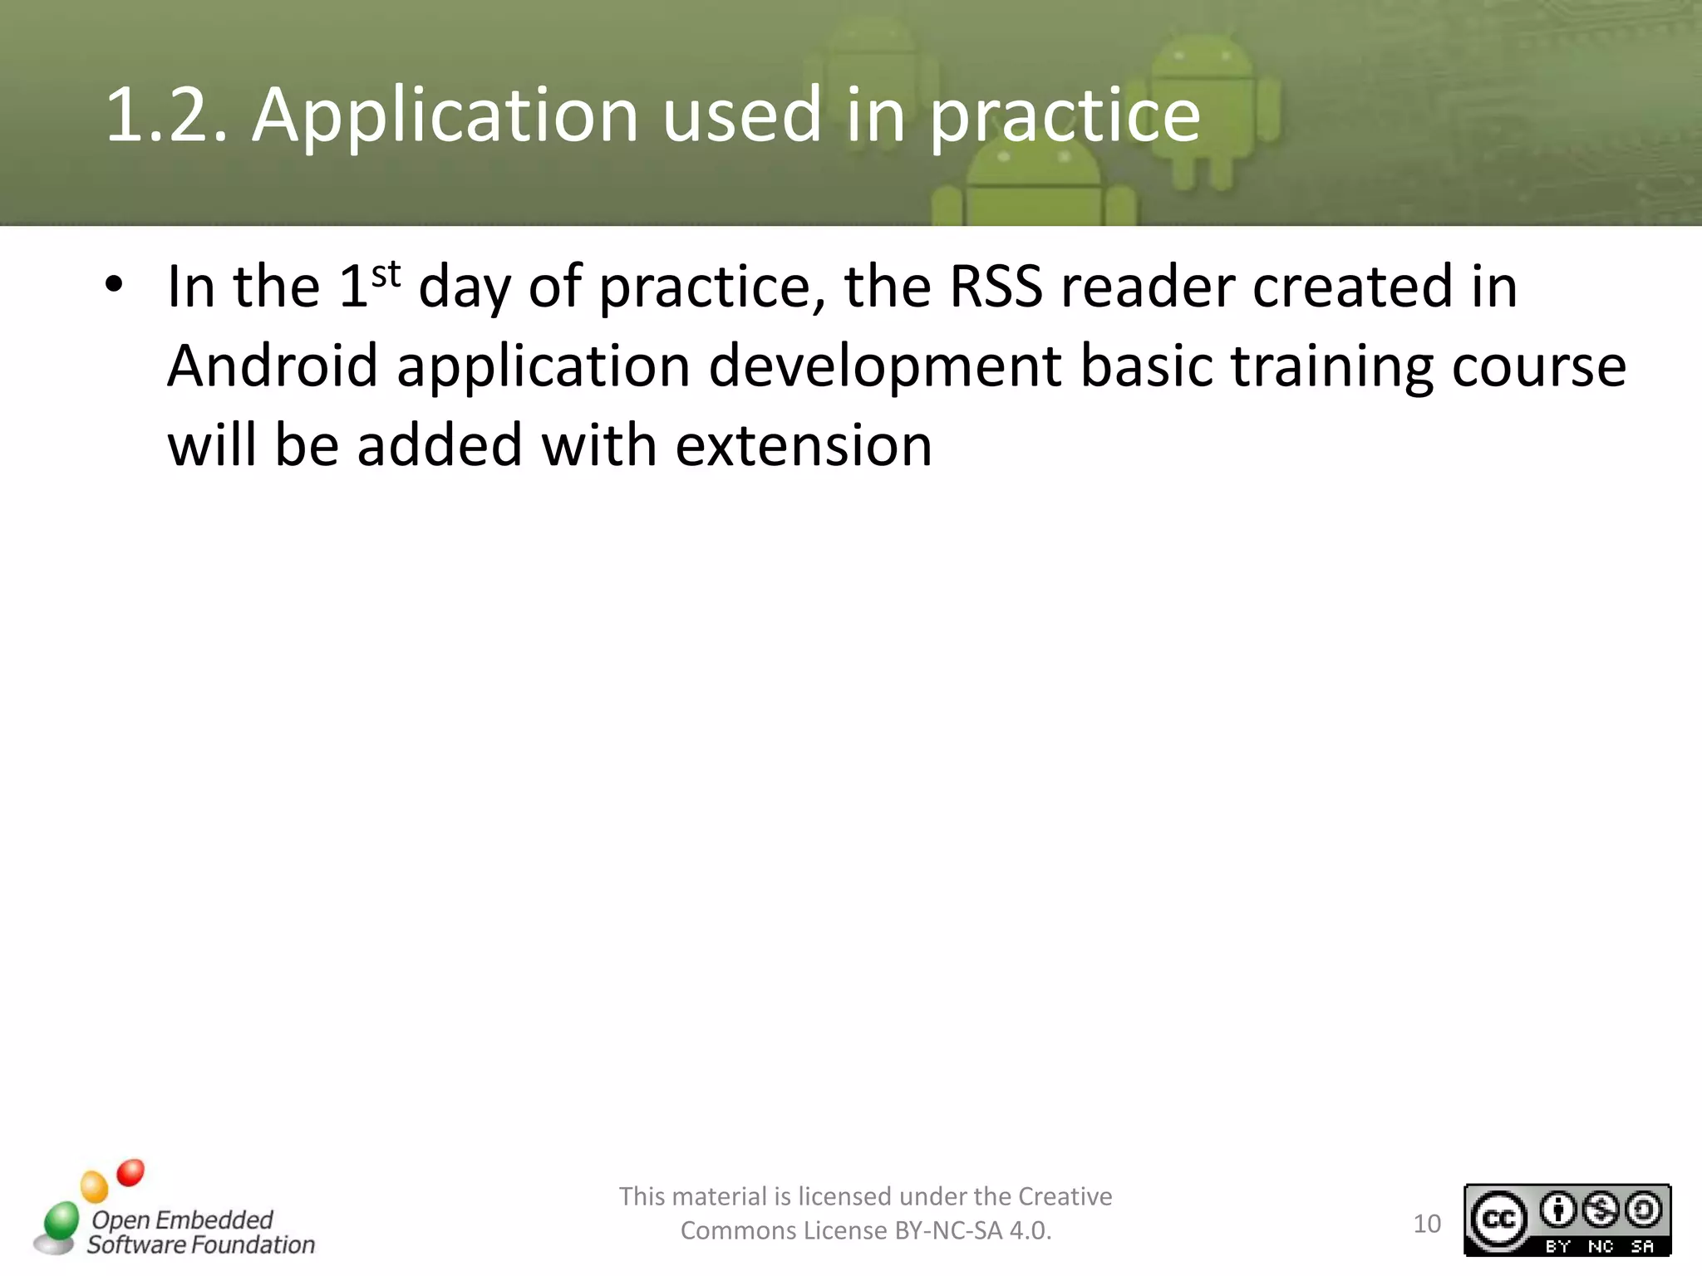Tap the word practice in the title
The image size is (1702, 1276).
tap(1065, 116)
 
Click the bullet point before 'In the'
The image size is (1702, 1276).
tap(114, 286)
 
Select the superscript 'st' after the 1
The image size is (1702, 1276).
tap(386, 273)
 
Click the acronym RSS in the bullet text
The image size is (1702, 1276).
tap(996, 287)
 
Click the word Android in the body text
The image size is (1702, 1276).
tap(273, 366)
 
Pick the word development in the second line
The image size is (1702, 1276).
tap(884, 367)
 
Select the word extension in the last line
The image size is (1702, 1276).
tap(804, 446)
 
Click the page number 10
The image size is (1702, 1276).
tap(1427, 1224)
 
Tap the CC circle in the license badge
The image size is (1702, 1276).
tap(1499, 1219)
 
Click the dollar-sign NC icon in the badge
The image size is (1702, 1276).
tap(1601, 1210)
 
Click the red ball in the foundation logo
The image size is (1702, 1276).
tap(130, 1173)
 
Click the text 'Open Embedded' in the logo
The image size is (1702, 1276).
tap(182, 1220)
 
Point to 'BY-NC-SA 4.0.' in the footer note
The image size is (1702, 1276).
tap(972, 1230)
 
